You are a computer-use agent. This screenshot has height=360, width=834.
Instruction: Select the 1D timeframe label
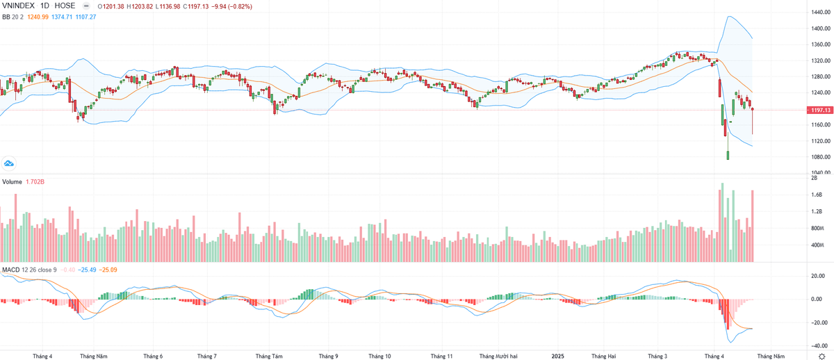click(x=48, y=6)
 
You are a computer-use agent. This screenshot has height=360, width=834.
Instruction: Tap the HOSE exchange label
click(x=65, y=6)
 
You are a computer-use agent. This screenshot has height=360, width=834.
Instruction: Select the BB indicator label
click(x=7, y=17)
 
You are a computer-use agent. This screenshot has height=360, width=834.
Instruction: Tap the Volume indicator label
click(x=12, y=181)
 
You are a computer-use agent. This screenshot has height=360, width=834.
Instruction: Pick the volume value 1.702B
click(x=35, y=181)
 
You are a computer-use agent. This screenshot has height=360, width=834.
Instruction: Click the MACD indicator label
click(x=10, y=269)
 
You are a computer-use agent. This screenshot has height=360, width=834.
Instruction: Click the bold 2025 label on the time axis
click(x=557, y=356)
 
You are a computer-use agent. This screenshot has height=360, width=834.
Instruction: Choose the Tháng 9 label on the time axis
click(x=328, y=356)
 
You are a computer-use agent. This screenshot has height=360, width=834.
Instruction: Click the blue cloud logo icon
click(x=10, y=163)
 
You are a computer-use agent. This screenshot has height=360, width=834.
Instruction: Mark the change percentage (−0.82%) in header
click(x=236, y=6)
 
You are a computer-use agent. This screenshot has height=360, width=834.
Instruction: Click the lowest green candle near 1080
click(x=728, y=155)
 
